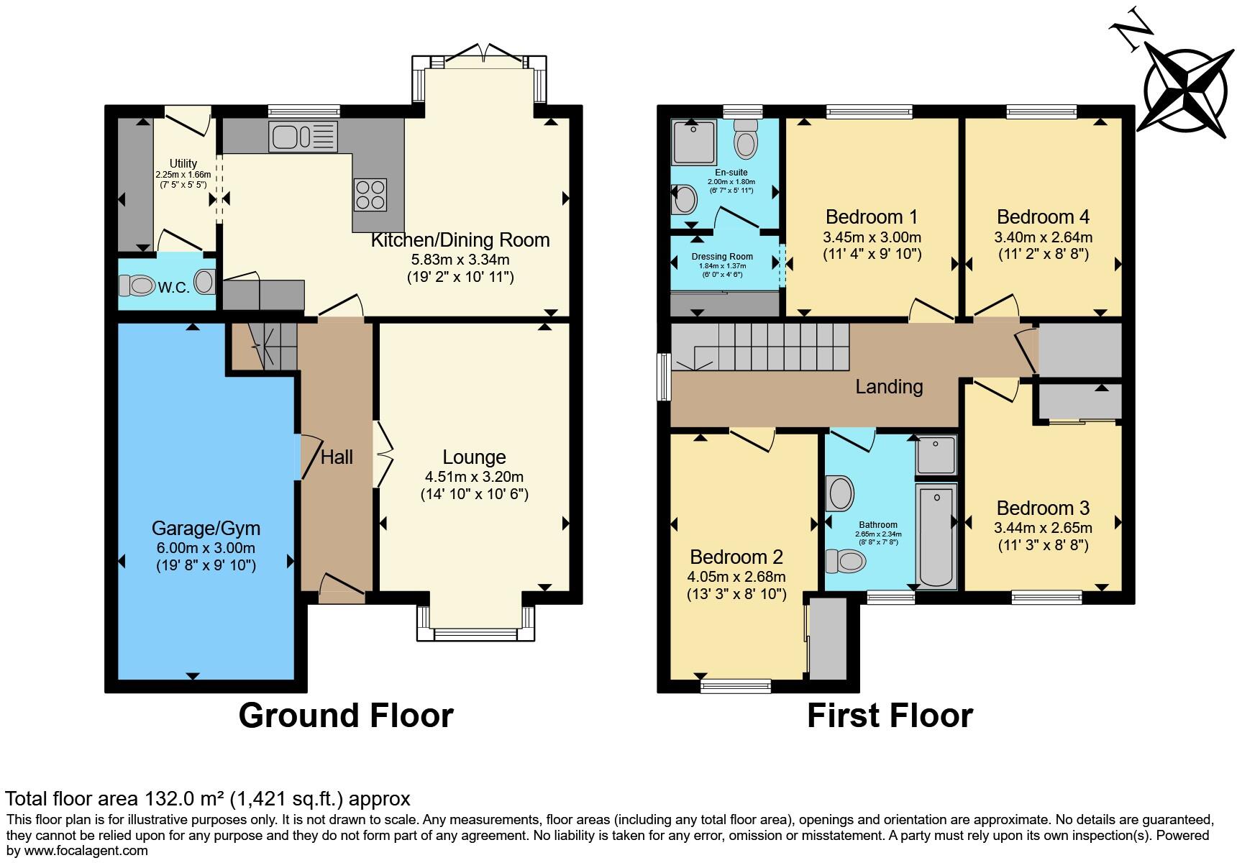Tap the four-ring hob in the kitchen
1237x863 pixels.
point(370,194)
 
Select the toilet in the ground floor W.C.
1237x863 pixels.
point(137,286)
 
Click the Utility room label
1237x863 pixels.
point(183,163)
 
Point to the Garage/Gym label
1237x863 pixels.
point(206,529)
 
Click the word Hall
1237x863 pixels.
point(337,457)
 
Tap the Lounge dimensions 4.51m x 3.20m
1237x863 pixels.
point(475,476)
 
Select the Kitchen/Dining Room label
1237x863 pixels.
point(460,240)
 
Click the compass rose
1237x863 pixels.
point(1185,93)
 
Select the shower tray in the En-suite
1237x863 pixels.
point(694,142)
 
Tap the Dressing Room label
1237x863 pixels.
point(722,256)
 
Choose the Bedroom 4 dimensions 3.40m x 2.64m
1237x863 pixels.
point(1043,237)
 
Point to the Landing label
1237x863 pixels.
point(889,387)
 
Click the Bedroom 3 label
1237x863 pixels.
point(1043,508)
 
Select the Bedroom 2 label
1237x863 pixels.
point(736,557)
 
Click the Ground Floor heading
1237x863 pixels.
point(346,716)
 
